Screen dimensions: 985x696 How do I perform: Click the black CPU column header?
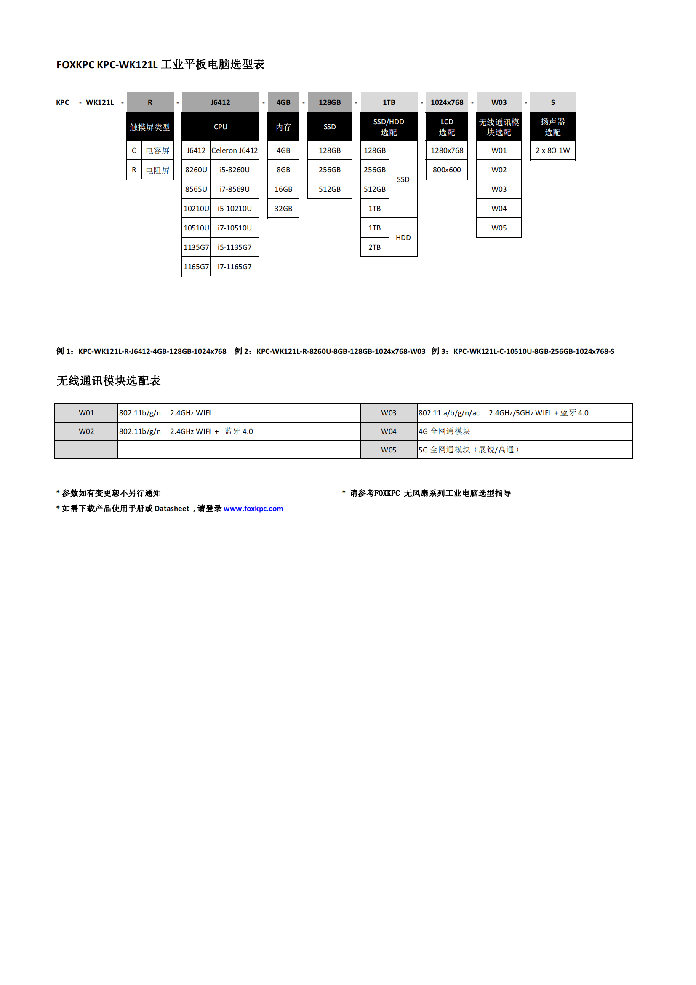(x=221, y=126)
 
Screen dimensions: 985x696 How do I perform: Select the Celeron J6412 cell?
(x=235, y=150)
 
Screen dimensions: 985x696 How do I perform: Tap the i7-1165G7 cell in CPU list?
(x=235, y=267)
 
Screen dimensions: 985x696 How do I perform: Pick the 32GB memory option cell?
(x=283, y=209)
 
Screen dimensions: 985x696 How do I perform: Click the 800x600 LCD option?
(x=447, y=170)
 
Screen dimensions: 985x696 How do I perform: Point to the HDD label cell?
(x=403, y=238)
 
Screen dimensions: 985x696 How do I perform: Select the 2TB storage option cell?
(x=374, y=248)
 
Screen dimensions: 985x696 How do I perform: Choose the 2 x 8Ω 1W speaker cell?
(x=553, y=150)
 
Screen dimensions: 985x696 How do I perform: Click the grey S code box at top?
(x=553, y=102)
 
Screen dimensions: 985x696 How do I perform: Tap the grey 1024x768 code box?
(x=447, y=102)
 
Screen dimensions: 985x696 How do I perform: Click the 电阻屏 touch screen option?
(x=157, y=170)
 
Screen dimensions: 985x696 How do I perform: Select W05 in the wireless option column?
(x=499, y=228)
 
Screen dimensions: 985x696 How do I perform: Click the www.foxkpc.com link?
(x=253, y=509)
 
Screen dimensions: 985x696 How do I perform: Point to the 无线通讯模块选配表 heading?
(x=109, y=381)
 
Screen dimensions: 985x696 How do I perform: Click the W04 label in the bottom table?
(x=389, y=431)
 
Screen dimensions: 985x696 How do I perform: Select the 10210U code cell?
(x=196, y=209)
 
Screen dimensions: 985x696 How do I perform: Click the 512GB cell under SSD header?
(x=330, y=189)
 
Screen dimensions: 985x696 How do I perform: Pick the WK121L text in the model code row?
(x=100, y=102)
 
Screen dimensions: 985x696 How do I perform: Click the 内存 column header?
(x=283, y=127)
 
